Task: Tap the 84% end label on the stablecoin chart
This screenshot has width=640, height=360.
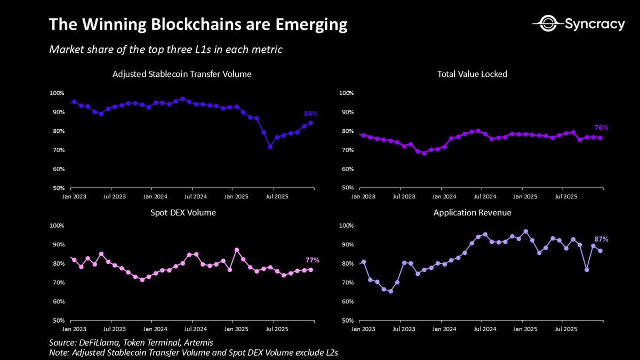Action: tap(311, 114)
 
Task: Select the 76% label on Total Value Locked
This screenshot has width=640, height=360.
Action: tap(601, 128)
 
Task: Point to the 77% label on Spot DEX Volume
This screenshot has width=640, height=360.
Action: tap(312, 260)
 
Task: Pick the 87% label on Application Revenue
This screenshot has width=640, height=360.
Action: tap(601, 239)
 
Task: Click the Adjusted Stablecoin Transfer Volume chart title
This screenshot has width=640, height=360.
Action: tap(182, 74)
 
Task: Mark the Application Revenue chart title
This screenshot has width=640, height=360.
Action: tap(472, 212)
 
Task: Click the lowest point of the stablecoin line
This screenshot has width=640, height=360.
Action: tap(270, 147)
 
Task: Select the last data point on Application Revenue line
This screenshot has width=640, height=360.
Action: tap(601, 251)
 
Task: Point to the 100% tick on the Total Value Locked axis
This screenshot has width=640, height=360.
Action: tap(347, 93)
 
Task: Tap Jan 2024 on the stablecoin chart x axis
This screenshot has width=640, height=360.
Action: tap(152, 196)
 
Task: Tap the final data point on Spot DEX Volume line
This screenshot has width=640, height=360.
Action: tap(311, 270)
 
